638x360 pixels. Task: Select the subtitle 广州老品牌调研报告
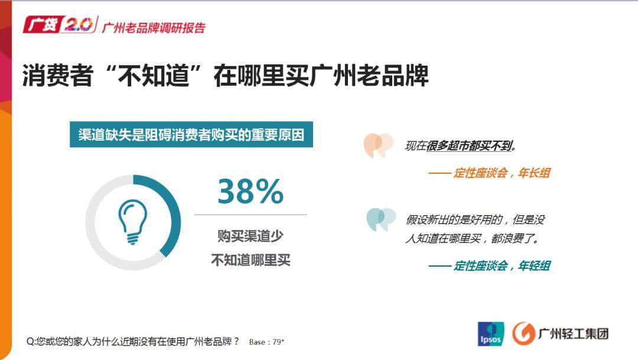point(154,28)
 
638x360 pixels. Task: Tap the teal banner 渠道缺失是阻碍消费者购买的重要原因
point(191,135)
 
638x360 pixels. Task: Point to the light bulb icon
point(132,222)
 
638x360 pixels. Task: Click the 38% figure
point(250,191)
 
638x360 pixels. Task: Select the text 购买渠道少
point(250,236)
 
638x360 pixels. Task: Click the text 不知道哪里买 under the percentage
point(250,260)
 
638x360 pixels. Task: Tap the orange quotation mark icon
point(378,145)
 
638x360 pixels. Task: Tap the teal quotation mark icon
point(380,219)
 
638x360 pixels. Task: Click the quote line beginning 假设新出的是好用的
point(475,220)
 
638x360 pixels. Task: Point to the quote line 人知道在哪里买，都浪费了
point(473,239)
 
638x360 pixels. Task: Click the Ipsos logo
point(491,334)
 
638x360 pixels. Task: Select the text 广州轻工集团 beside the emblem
point(573,333)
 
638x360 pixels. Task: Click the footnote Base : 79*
point(267,342)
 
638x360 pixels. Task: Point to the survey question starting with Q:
point(134,341)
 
